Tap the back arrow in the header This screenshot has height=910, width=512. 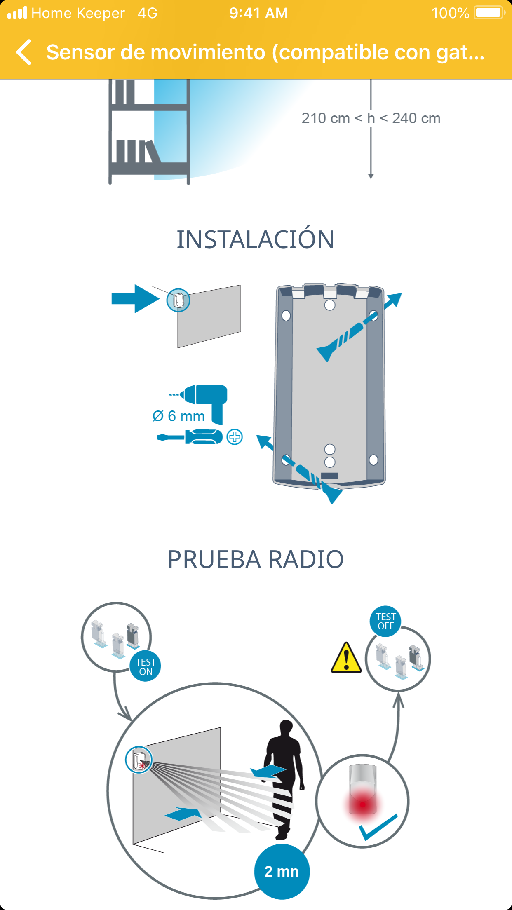tap(24, 52)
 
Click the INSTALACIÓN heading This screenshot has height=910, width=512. tap(256, 239)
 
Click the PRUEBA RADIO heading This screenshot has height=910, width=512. tap(256, 559)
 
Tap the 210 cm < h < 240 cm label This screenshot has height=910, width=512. tap(371, 118)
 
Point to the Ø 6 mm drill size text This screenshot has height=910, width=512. tap(178, 416)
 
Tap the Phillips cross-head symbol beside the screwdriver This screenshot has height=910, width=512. tap(235, 437)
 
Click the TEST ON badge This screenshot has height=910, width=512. tap(146, 666)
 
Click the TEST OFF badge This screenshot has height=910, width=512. tap(386, 621)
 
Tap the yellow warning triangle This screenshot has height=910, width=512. tap(346, 657)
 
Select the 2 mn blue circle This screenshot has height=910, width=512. tap(282, 871)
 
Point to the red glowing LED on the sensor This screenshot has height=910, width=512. tap(363, 804)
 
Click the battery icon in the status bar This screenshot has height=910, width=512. tap(490, 13)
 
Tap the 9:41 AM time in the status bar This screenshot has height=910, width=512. tap(258, 13)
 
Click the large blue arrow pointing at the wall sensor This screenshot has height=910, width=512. tap(136, 299)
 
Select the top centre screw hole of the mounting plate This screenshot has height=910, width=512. tap(330, 305)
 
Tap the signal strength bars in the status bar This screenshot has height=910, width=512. tap(17, 13)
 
